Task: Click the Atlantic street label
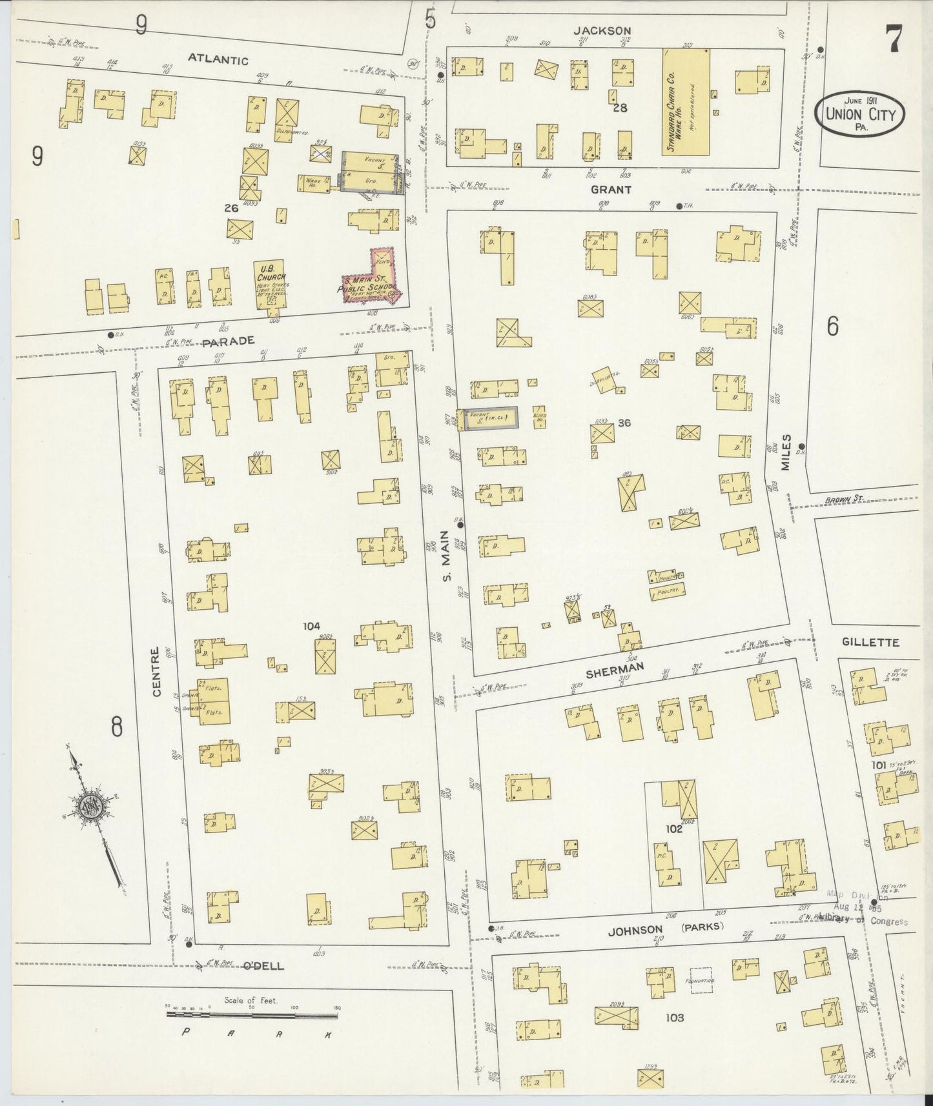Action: click(x=218, y=60)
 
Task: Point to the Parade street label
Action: click(x=229, y=341)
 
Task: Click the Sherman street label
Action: click(x=615, y=670)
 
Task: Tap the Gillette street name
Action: click(x=870, y=643)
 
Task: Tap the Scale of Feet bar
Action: click(x=252, y=1014)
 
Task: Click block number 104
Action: click(x=312, y=625)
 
